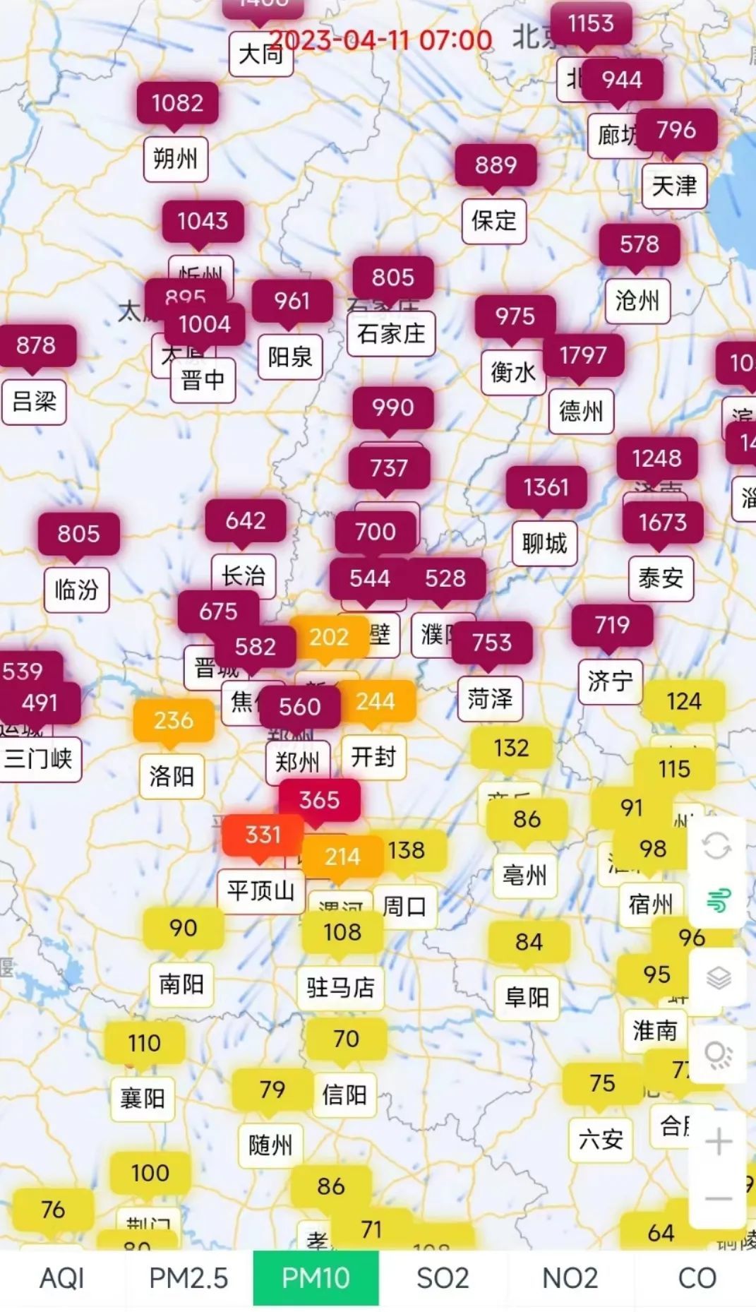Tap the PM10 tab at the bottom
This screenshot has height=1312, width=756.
coord(316,1278)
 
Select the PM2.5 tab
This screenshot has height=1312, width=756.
coord(188,1278)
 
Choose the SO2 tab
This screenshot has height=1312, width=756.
coord(443,1278)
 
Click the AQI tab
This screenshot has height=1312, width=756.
coord(62,1278)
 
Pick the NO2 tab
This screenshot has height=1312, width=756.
coord(570,1278)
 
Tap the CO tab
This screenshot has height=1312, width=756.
coord(697,1278)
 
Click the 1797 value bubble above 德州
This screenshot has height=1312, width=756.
coord(583,354)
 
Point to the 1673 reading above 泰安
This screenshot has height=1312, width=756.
coord(662,523)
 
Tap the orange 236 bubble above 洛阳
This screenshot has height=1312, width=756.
coord(173,720)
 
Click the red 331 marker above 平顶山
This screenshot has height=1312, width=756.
coord(263,835)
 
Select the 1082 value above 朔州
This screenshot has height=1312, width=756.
coord(177,103)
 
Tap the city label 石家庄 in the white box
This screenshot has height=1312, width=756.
coord(391,333)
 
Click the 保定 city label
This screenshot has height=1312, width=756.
coord(494,220)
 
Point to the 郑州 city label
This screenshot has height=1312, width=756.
coord(297,762)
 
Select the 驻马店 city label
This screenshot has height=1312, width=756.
coord(340,986)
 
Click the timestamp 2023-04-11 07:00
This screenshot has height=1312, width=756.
coord(381,40)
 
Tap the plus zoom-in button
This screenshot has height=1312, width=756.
coord(718,1142)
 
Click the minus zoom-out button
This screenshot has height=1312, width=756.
coord(718,1198)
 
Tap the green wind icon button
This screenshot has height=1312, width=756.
coord(717,900)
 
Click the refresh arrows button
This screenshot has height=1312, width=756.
coord(717,845)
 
